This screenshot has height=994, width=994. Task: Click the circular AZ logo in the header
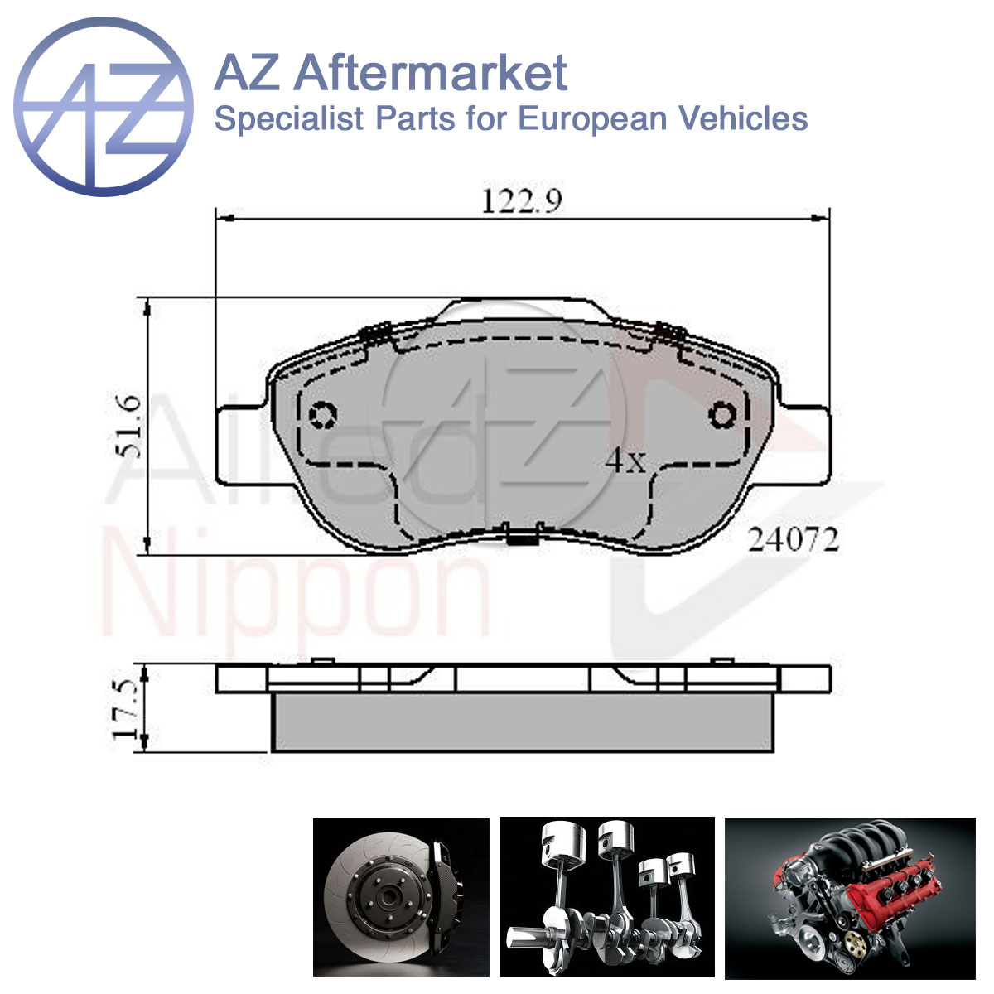tap(104, 107)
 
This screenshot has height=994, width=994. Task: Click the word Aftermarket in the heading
tap(431, 73)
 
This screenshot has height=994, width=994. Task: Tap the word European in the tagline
tap(592, 119)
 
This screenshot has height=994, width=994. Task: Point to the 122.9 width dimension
tap(522, 201)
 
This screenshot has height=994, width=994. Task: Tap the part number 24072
tap(794, 540)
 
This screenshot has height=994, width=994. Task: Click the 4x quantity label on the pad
tap(625, 461)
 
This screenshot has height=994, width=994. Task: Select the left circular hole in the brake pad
tap(323, 414)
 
